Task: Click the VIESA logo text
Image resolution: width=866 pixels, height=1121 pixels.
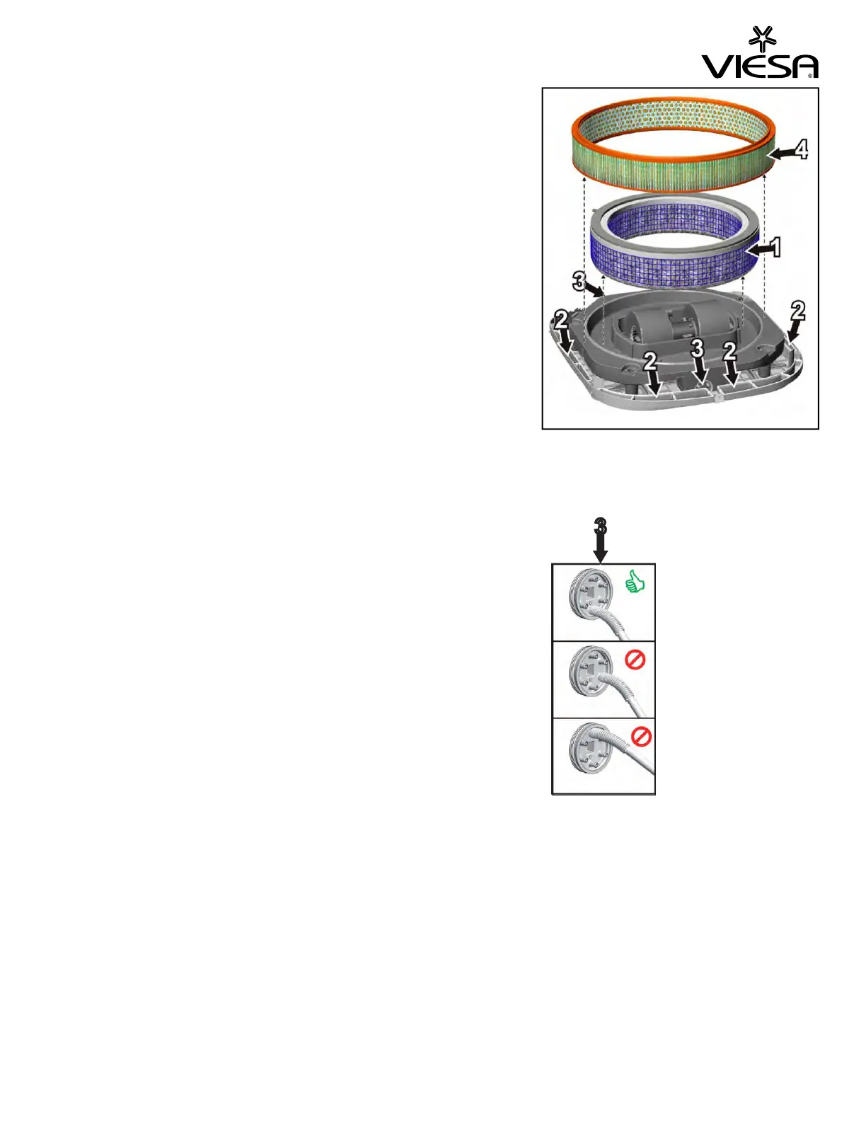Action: click(x=759, y=66)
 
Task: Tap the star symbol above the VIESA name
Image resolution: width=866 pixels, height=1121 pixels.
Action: click(x=762, y=38)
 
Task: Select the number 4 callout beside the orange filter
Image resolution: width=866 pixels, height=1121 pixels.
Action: click(x=800, y=149)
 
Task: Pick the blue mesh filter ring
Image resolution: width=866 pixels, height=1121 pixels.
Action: click(x=676, y=244)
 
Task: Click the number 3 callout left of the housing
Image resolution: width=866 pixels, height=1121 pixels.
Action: click(x=579, y=281)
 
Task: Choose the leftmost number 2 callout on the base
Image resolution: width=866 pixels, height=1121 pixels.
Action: click(x=561, y=319)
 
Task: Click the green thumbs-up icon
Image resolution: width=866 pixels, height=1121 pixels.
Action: click(x=635, y=583)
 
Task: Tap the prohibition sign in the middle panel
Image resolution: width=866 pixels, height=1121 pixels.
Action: click(x=635, y=660)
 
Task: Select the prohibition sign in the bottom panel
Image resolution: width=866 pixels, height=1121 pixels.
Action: click(x=640, y=737)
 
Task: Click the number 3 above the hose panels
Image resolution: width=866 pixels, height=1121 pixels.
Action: click(x=600, y=527)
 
